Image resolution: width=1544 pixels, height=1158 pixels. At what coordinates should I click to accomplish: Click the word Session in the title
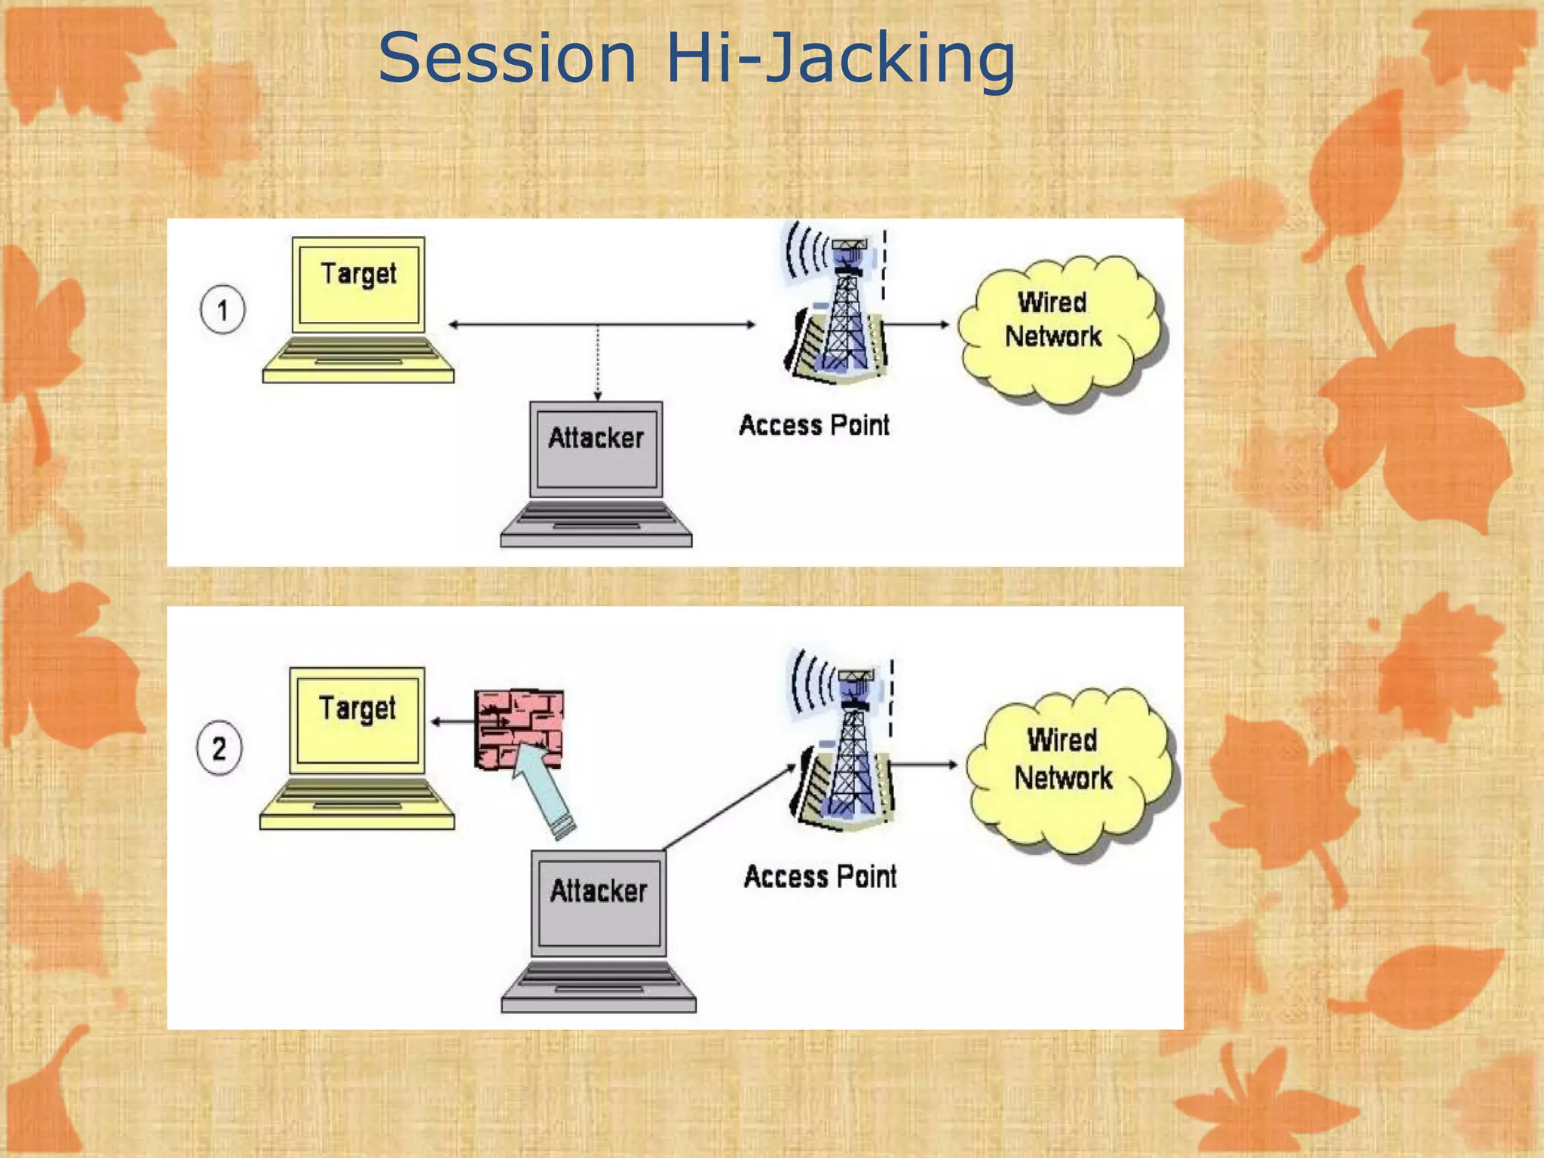point(507,59)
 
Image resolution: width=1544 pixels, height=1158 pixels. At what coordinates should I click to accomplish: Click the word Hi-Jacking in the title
point(840,59)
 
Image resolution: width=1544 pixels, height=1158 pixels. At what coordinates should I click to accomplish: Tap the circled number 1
point(222,310)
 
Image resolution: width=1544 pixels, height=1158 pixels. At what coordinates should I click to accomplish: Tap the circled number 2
point(219,748)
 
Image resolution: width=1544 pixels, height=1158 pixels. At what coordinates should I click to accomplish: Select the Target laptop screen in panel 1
point(359,284)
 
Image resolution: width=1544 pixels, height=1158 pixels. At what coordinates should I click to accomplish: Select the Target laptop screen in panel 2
point(357,719)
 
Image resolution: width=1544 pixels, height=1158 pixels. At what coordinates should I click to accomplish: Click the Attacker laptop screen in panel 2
point(599,902)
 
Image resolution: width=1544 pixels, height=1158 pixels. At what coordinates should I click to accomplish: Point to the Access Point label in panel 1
point(814,425)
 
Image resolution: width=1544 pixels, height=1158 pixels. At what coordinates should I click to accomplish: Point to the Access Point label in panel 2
point(820,877)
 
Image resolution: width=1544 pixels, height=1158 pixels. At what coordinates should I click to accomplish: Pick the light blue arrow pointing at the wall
point(544,788)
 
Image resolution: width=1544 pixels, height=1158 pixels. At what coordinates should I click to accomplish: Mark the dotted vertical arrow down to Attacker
point(598,362)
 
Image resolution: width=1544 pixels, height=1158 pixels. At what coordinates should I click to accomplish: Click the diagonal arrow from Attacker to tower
point(728,807)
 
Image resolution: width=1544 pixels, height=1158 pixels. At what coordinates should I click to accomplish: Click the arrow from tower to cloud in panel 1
point(915,324)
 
